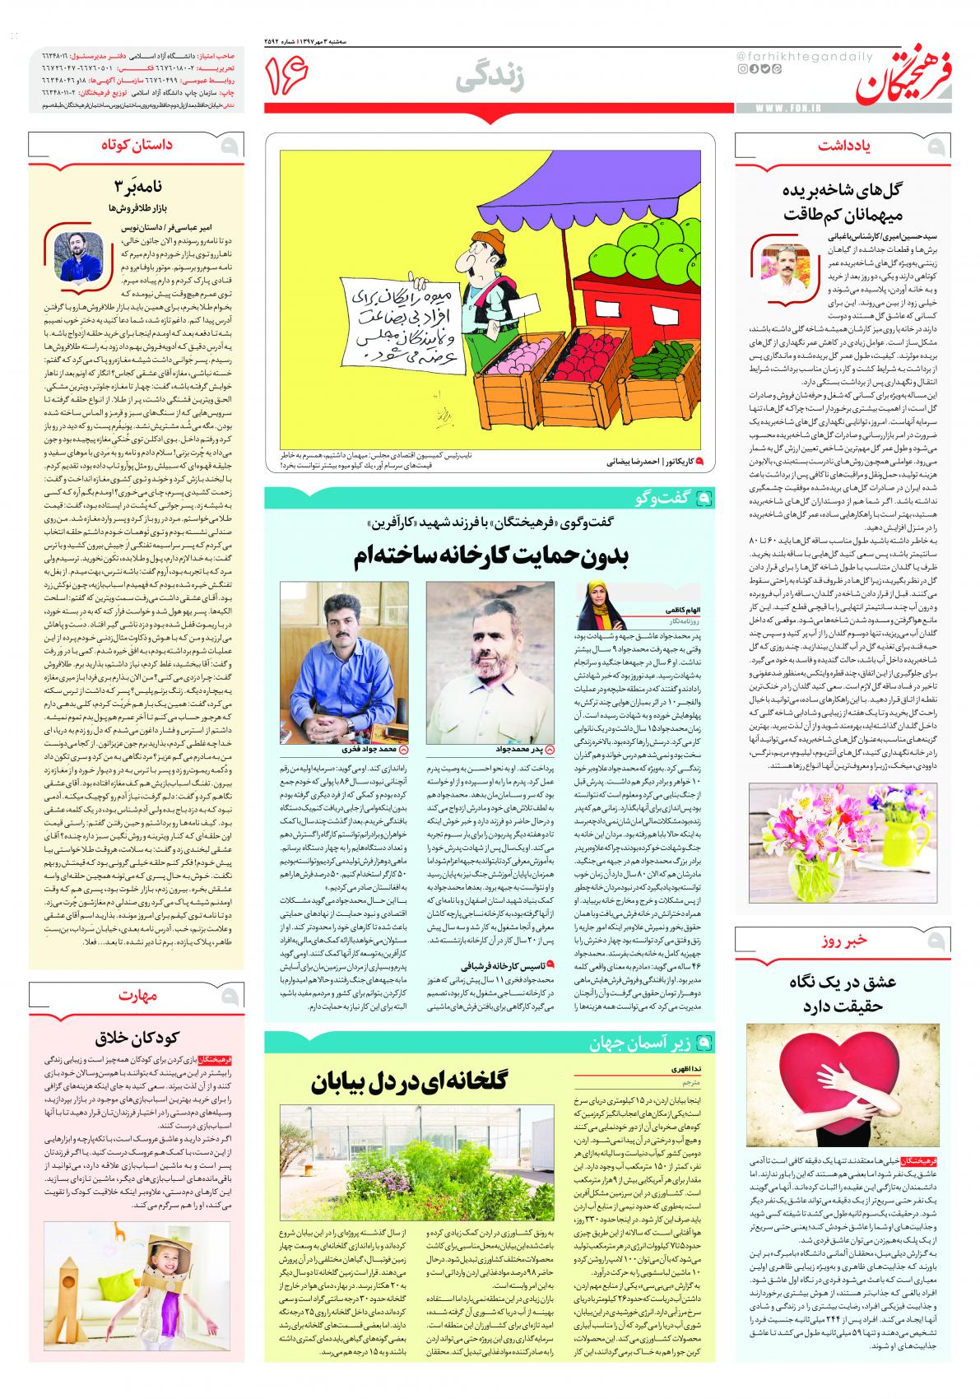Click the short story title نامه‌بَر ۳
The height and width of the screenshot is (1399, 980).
(137, 184)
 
